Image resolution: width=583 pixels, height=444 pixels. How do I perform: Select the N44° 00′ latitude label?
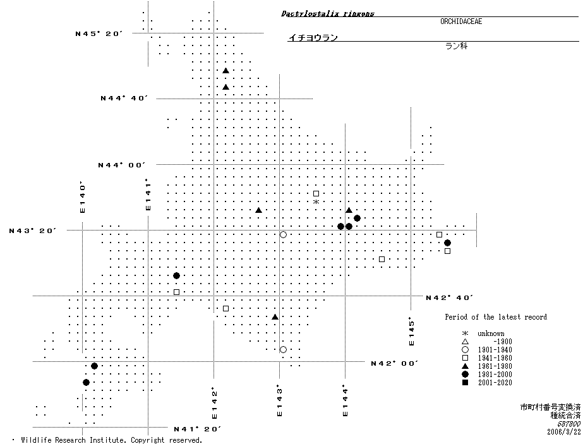pyautogui.click(x=121, y=165)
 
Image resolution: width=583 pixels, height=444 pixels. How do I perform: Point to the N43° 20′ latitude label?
pyautogui.click(x=33, y=231)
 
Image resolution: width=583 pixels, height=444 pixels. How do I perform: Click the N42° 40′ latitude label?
pyautogui.click(x=449, y=297)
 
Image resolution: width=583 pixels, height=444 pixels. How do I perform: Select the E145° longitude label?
pyautogui.click(x=411, y=331)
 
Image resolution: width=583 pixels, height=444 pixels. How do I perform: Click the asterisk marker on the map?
pyautogui.click(x=316, y=201)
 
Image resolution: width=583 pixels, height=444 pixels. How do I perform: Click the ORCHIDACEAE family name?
pyautogui.click(x=461, y=21)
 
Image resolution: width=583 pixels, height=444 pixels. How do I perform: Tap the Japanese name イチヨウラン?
pyautogui.click(x=312, y=38)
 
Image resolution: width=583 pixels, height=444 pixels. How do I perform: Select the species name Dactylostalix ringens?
pyautogui.click(x=327, y=13)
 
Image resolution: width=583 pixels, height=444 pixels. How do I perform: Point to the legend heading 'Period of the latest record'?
pyautogui.click(x=495, y=317)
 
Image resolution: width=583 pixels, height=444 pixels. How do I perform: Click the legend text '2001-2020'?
pyautogui.click(x=495, y=383)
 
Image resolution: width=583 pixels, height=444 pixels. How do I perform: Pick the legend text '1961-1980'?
pyautogui.click(x=495, y=366)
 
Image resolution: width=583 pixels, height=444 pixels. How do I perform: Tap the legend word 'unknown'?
pyautogui.click(x=491, y=333)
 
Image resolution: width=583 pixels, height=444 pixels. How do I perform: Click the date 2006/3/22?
pyautogui.click(x=563, y=431)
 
